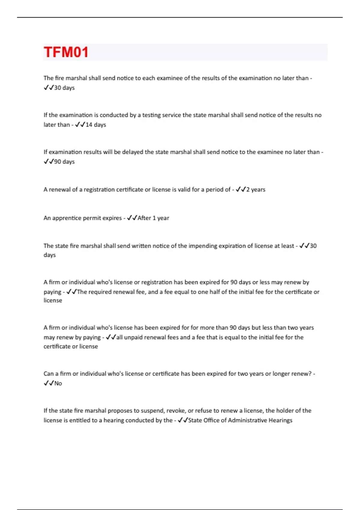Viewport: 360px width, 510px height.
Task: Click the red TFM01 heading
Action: point(66,52)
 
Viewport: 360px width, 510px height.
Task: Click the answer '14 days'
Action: point(96,124)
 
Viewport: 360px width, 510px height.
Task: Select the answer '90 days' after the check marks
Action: point(64,162)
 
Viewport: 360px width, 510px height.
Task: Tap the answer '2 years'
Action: point(256,190)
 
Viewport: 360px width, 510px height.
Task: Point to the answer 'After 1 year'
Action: point(153,218)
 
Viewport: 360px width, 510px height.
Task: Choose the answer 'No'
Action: point(58,383)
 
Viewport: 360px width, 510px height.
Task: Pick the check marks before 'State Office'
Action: point(183,420)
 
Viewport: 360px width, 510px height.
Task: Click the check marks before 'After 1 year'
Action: point(132,218)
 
